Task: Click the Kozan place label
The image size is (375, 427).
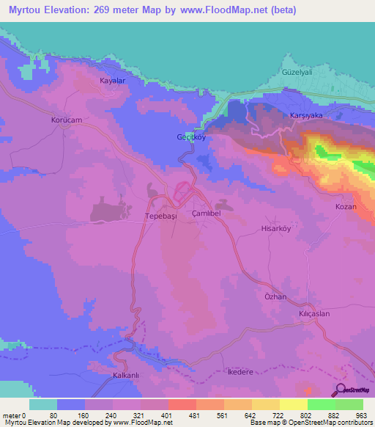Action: click(346, 207)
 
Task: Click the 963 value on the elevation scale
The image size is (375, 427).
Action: click(363, 415)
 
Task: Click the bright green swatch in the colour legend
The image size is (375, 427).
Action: click(322, 404)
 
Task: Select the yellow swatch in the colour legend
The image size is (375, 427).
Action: click(294, 404)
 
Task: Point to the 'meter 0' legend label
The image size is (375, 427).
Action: click(15, 415)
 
